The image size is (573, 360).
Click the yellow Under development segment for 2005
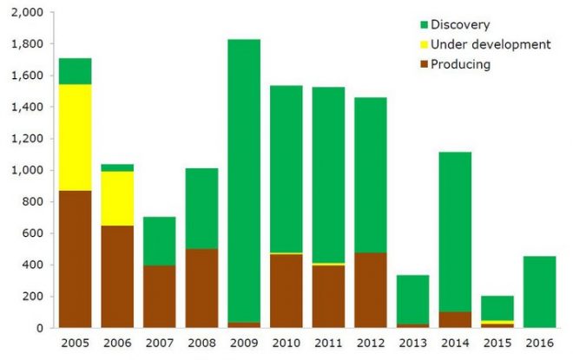click(x=76, y=137)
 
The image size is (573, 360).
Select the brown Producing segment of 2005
click(x=76, y=259)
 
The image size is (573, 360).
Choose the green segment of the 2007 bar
click(x=160, y=241)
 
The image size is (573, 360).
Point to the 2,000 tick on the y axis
click(x=29, y=13)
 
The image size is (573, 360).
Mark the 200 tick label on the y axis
click(x=33, y=297)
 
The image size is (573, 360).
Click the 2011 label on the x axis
click(x=328, y=342)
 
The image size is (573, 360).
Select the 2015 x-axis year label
click(x=497, y=342)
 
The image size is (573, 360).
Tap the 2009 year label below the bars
click(x=244, y=342)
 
